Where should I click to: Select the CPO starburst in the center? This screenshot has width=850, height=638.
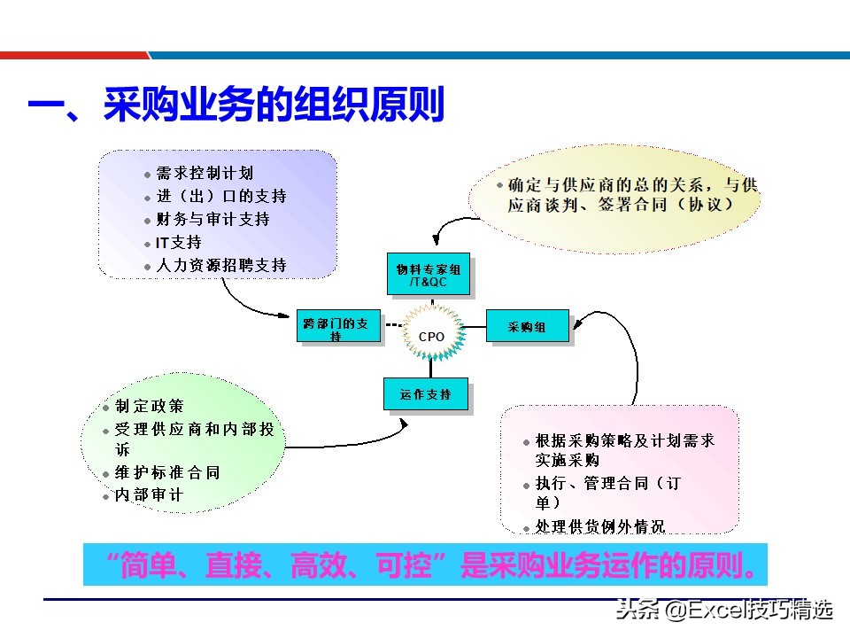431,337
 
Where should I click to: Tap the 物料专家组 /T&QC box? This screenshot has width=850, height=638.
429,276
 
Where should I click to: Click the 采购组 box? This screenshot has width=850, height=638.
527,327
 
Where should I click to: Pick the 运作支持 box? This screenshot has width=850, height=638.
425,394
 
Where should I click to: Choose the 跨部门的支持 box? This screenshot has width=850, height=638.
340,328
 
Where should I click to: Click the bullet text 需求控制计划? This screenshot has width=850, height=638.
205,173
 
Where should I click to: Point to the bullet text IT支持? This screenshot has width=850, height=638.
179,242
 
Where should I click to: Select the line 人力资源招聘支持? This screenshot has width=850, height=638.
221,265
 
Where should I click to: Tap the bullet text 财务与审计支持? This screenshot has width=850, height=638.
212,219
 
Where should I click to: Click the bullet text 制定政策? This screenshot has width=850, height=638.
150,406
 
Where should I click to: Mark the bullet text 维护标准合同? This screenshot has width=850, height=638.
167,472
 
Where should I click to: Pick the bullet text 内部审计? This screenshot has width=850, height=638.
150,495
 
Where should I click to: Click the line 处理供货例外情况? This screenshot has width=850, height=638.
599,526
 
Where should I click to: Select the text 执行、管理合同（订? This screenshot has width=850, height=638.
607,484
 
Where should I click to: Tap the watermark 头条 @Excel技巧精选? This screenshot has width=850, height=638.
724,611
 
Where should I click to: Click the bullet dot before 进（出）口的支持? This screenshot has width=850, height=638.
148,197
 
